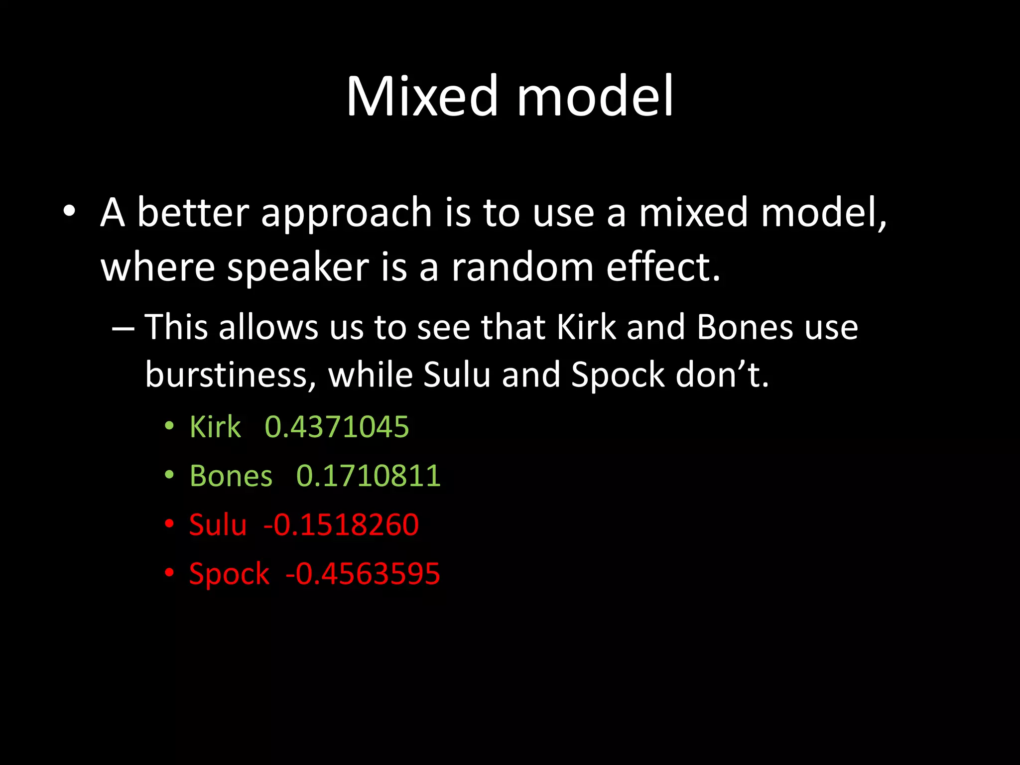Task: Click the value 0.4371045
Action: click(x=337, y=427)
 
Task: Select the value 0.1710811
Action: click(x=369, y=476)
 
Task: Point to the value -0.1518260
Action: click(x=341, y=524)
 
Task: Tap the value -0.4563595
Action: click(x=363, y=573)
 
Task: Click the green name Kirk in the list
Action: click(x=215, y=427)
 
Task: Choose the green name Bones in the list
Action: click(x=231, y=476)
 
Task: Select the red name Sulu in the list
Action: click(x=218, y=524)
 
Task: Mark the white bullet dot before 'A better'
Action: click(x=69, y=212)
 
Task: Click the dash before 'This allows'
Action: click(x=123, y=329)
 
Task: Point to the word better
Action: click(x=193, y=213)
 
